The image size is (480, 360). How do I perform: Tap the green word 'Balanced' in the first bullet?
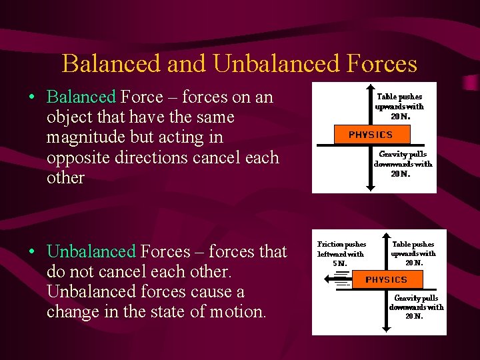click(81, 97)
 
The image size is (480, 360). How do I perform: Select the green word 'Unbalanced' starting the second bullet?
click(91, 252)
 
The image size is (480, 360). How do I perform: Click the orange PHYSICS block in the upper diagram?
click(371, 135)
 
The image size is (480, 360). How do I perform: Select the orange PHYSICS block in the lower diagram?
click(386, 279)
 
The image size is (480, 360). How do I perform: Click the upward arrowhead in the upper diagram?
click(371, 89)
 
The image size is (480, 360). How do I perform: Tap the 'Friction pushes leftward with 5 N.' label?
click(341, 253)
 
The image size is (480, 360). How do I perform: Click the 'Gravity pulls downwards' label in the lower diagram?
click(416, 307)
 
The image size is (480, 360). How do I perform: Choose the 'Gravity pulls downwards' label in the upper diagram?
click(403, 163)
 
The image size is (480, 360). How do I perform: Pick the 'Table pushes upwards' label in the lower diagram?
click(413, 253)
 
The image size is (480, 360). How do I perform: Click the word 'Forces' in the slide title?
click(383, 64)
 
